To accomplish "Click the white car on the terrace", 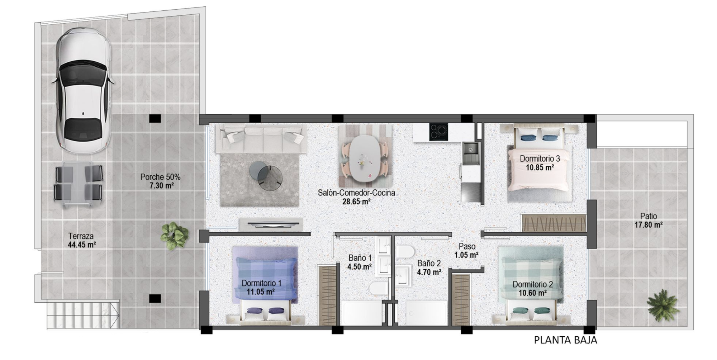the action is click(x=83, y=91).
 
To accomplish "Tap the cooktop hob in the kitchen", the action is click(x=438, y=132).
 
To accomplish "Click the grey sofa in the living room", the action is click(x=261, y=139).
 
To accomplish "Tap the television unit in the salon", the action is click(x=271, y=224).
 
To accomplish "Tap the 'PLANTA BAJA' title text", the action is click(x=565, y=340).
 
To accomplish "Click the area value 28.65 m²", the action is click(x=356, y=202).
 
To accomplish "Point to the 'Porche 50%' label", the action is click(x=160, y=177).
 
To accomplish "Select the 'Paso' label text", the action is click(x=467, y=246).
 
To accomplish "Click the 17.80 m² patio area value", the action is click(x=649, y=225).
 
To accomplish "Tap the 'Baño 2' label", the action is click(x=429, y=263).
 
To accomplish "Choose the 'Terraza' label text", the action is click(x=81, y=236).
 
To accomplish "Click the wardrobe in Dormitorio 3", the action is click(x=554, y=223).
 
